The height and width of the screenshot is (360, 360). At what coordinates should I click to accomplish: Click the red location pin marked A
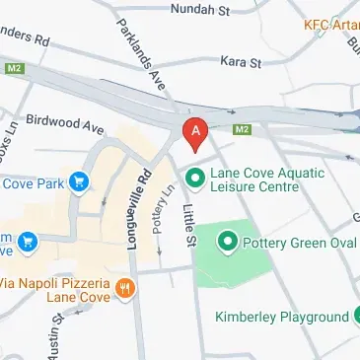(x=196, y=133)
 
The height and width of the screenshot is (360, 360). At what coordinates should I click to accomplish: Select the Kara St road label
(x=241, y=61)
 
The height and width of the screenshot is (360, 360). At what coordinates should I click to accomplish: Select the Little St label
(x=190, y=221)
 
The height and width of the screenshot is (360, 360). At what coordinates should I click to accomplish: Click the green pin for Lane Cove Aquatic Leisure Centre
(x=195, y=179)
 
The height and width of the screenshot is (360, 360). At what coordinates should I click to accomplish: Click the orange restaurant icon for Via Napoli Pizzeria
(x=125, y=289)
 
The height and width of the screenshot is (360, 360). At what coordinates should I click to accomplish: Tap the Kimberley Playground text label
(x=283, y=318)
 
